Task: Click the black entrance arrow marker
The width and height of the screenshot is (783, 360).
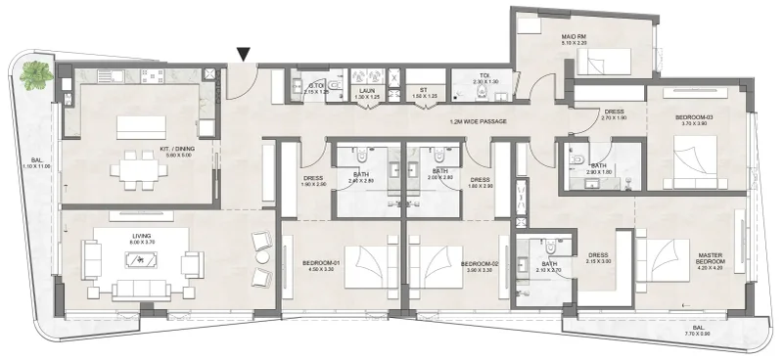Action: click(244, 56)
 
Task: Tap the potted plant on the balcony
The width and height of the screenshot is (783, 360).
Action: click(36, 74)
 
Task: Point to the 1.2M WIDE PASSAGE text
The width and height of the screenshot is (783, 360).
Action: click(477, 122)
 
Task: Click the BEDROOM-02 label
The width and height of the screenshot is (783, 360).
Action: click(478, 264)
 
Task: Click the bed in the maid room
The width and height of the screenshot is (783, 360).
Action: click(594, 66)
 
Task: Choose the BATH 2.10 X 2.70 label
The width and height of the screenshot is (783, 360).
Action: click(549, 266)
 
